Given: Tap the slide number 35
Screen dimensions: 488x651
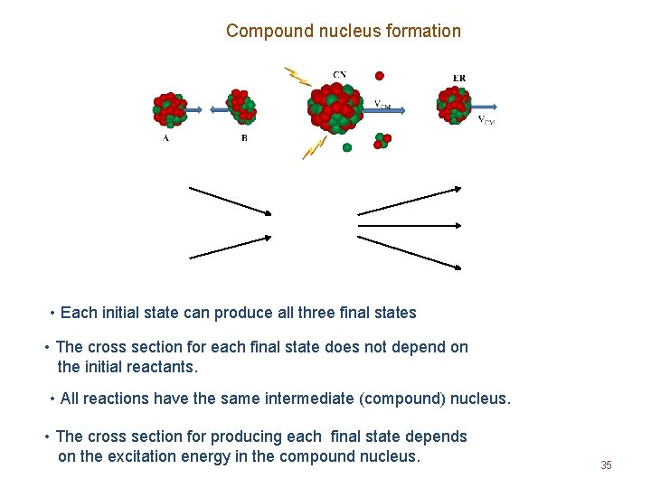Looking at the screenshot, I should [x=606, y=465].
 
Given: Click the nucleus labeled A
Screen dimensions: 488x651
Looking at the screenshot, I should [x=169, y=109].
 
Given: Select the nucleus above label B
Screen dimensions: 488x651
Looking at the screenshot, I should [x=241, y=107].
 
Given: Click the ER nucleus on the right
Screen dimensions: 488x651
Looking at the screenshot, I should [x=455, y=105].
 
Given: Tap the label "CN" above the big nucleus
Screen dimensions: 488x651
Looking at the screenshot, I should [x=339, y=75].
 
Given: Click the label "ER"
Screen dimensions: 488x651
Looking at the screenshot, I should [x=459, y=78].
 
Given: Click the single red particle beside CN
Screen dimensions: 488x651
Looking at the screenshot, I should [x=380, y=76].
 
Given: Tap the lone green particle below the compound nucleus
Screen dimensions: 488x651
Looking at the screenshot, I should [x=347, y=147].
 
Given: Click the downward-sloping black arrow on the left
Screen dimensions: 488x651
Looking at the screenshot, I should [x=230, y=201].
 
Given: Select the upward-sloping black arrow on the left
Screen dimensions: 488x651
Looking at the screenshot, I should [x=230, y=246].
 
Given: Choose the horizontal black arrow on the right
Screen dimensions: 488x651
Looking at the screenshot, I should [x=409, y=225].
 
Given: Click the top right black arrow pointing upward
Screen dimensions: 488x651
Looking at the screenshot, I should [x=409, y=201].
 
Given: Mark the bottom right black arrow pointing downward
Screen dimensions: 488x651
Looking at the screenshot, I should [x=409, y=251].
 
